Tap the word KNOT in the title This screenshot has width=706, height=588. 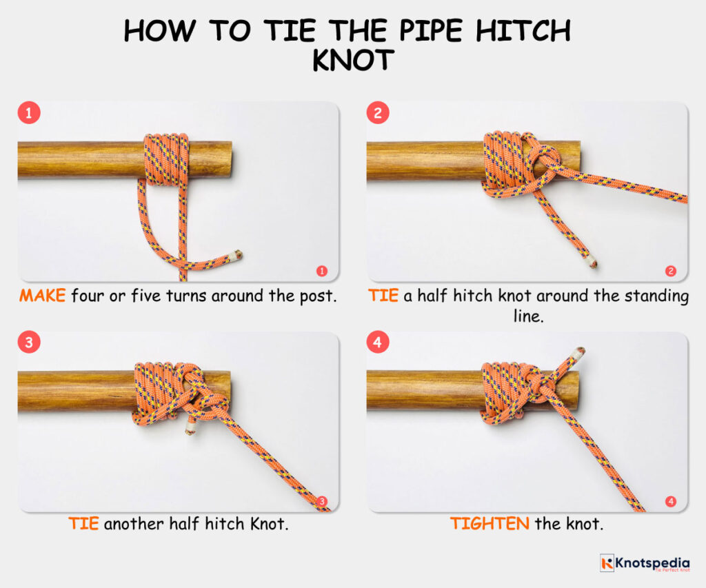coord(352,61)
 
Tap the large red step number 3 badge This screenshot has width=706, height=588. coord(28,343)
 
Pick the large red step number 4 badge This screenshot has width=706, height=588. coord(377,343)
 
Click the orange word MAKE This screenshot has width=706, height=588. coord(42,296)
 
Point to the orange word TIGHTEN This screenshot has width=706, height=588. coord(490,523)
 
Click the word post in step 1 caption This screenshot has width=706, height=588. coord(316,297)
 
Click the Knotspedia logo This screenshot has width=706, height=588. coord(644,563)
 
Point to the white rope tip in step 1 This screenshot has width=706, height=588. coord(238,255)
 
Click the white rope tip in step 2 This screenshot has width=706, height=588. coord(592,263)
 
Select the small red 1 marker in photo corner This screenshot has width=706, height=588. coord(321,271)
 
